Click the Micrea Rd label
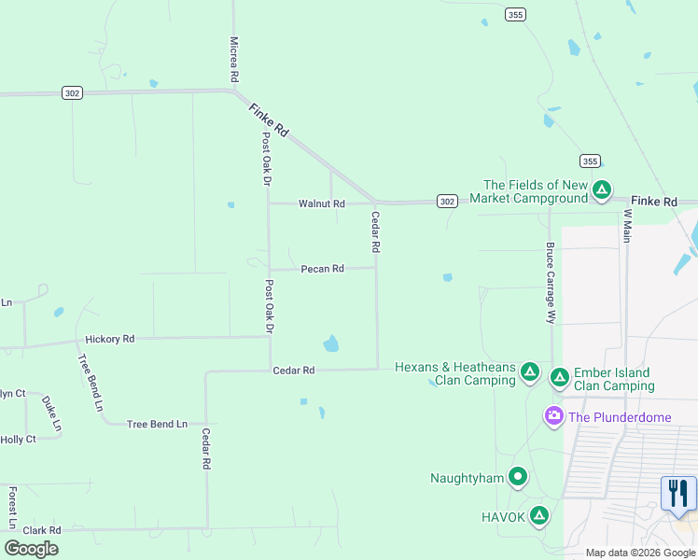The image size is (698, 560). pos(234,57)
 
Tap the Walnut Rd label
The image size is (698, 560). pos(321,203)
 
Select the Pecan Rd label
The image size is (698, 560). pos(322,269)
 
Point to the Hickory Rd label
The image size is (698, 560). pos(109,339)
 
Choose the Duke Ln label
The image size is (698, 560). pos(51,413)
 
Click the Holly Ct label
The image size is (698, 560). pos(18,440)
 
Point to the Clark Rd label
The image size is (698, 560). pos(42,530)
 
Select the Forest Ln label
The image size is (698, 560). pos(12,507)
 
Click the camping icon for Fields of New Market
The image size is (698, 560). pos(602,191)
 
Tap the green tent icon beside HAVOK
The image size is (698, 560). pos(538,515)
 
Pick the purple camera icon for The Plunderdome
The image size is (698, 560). pos(554,415)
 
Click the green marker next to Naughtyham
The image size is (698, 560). pos(518,478)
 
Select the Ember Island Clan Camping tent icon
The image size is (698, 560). pos(559,378)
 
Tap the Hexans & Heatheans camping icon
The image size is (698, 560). pos(529,372)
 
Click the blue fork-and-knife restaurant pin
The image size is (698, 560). pos(678,493)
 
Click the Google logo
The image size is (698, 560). pos(31,549)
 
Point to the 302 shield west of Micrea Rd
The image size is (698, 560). pos(73,92)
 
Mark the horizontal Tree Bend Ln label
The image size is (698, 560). pos(157,424)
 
